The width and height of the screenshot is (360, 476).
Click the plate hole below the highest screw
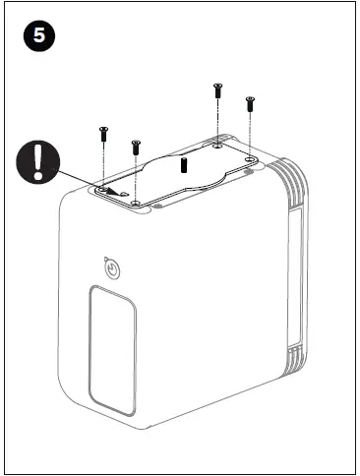click(x=216, y=146)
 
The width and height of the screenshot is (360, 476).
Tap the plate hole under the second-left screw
click(x=136, y=203)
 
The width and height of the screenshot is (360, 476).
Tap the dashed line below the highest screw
click(x=216, y=123)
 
